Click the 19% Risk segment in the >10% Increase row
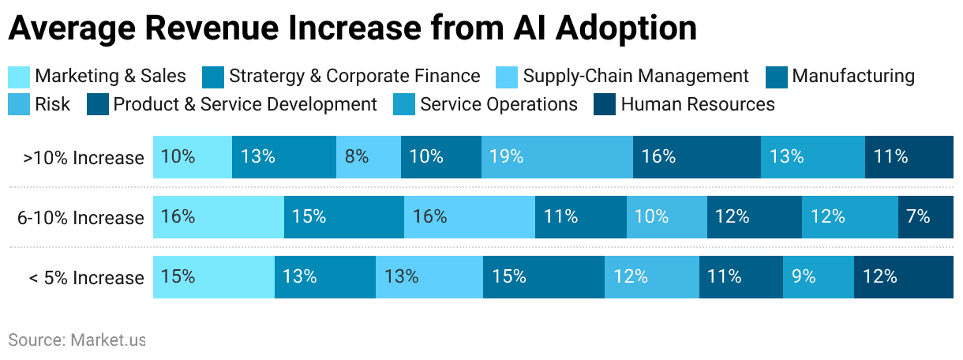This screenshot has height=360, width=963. (x=556, y=157)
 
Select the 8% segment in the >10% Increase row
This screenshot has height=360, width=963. (x=369, y=157)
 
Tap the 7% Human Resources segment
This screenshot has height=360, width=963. (x=925, y=217)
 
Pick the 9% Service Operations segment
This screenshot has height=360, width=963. (x=818, y=277)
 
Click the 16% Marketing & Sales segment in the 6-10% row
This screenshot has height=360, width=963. (x=219, y=217)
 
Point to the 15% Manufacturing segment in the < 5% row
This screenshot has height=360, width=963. (x=544, y=277)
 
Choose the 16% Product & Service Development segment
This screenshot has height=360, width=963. (x=696, y=157)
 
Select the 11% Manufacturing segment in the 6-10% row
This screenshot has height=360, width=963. (x=580, y=217)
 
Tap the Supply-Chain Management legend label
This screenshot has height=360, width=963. (x=635, y=77)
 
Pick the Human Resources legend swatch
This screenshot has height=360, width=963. (x=605, y=104)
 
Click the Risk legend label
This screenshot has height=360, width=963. (x=53, y=104)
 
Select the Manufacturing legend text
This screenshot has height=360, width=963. (x=853, y=77)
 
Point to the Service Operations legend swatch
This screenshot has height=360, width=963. (x=404, y=104)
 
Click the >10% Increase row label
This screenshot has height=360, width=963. (x=84, y=158)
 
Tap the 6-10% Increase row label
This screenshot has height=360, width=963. (x=81, y=218)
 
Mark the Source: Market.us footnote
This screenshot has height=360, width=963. (x=77, y=340)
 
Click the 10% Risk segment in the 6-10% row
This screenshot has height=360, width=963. (x=666, y=217)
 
